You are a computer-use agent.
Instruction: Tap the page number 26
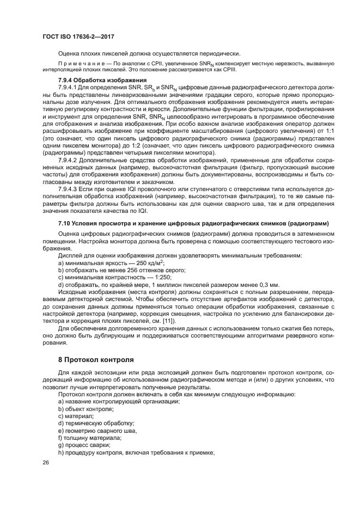[x=46, y=462]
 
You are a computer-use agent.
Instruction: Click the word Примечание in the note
[x=77, y=64]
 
